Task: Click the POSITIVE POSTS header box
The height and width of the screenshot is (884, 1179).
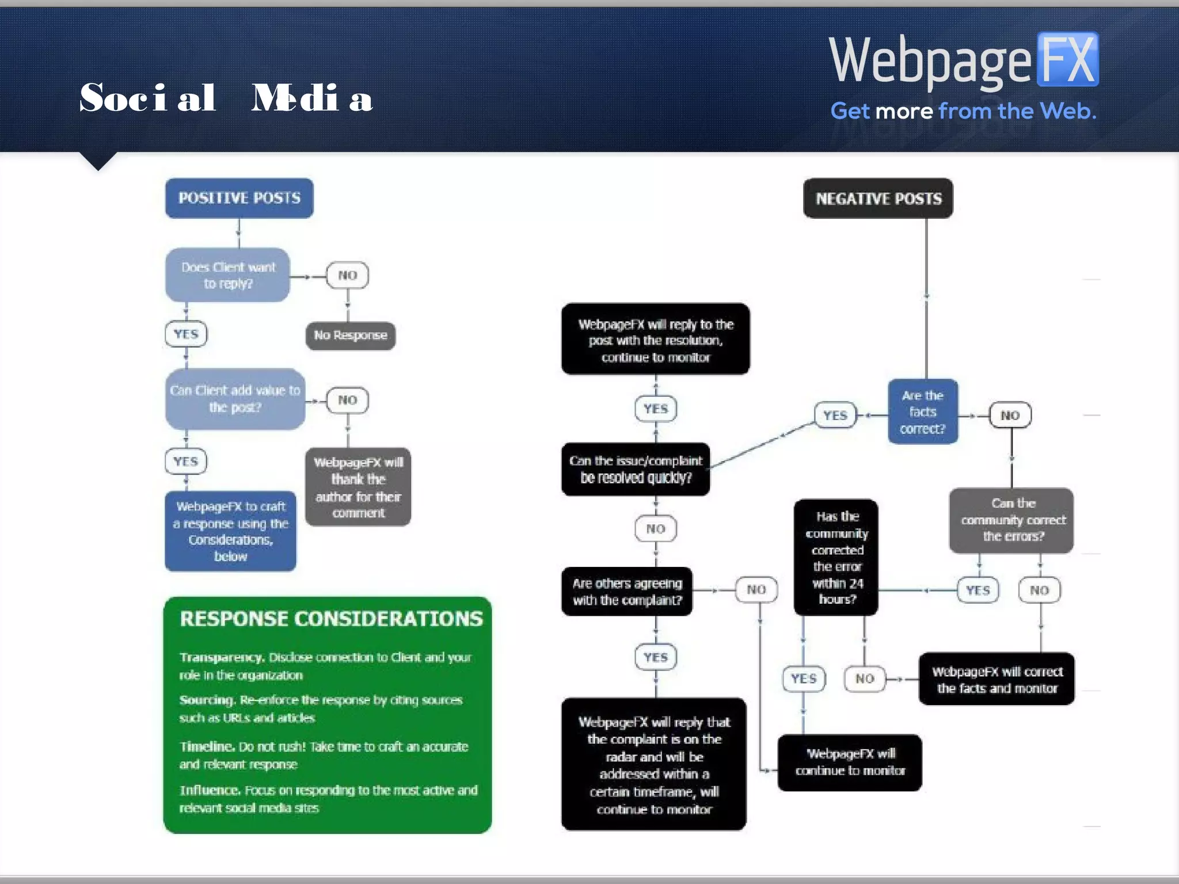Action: click(x=239, y=198)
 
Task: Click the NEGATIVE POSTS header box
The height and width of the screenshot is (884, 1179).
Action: click(x=878, y=199)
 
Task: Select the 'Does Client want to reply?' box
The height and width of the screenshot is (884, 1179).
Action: click(x=228, y=275)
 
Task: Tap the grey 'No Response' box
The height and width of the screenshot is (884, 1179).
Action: click(x=350, y=336)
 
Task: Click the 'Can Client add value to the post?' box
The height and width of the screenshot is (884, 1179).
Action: click(x=235, y=399)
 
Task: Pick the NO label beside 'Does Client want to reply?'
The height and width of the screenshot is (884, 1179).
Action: click(x=347, y=275)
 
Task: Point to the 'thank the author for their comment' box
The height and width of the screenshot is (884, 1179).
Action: click(x=358, y=487)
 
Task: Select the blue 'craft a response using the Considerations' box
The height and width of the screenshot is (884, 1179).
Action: click(x=230, y=531)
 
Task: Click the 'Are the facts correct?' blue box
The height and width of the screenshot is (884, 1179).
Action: click(x=923, y=412)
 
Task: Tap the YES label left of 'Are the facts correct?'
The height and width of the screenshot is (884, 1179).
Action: click(x=835, y=415)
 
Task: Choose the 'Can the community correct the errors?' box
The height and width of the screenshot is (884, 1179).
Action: click(x=1012, y=520)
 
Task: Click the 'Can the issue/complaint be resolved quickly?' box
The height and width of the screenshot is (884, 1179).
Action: click(x=636, y=469)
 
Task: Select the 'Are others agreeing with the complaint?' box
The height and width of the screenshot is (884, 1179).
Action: click(x=627, y=592)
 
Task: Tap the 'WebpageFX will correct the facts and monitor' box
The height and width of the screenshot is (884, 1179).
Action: click(x=997, y=679)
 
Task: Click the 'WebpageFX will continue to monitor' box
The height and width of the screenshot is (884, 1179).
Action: click(x=850, y=762)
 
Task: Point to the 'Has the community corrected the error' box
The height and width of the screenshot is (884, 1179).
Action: click(x=836, y=557)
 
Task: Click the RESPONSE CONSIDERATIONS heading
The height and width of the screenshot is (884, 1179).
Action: click(x=331, y=619)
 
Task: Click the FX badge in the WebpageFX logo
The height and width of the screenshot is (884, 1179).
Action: click(x=1067, y=60)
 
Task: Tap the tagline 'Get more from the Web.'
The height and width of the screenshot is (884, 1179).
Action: click(x=963, y=111)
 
